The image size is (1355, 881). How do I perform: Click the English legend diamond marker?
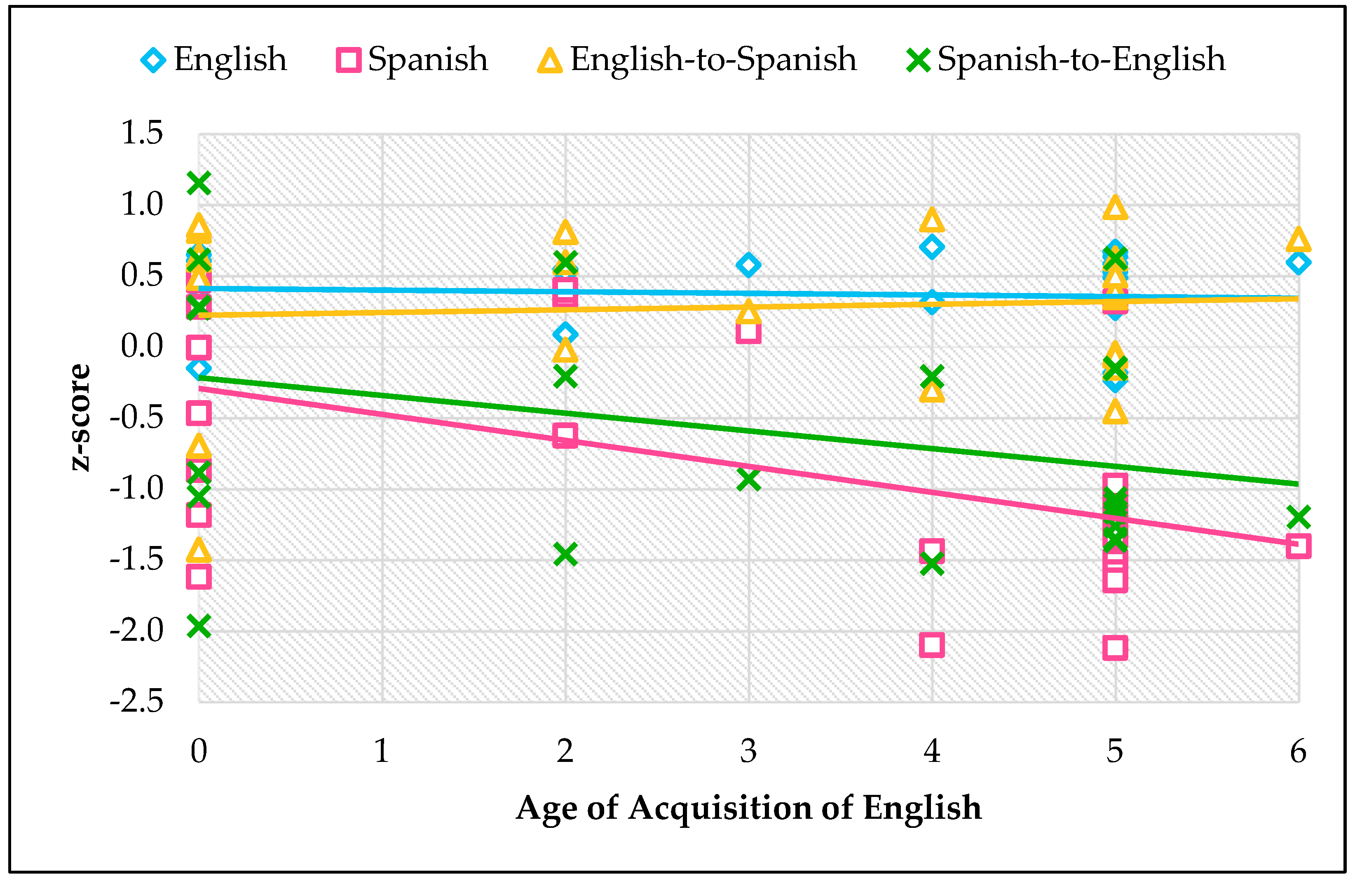[153, 60]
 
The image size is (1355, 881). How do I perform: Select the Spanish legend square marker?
[348, 60]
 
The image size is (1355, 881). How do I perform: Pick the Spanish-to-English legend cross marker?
[918, 60]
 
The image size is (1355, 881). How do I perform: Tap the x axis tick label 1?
[382, 751]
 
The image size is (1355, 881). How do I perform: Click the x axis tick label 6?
[1298, 751]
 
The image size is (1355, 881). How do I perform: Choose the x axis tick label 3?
[748, 751]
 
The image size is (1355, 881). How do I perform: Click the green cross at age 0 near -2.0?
[199, 626]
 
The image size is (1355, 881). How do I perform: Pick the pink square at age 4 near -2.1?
[931, 645]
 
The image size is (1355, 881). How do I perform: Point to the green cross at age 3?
[748, 480]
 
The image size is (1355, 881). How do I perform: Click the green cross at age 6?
[1298, 517]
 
